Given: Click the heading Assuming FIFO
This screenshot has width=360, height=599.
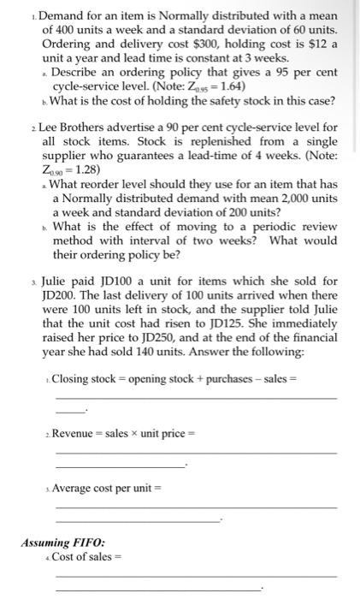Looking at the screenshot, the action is [63, 542].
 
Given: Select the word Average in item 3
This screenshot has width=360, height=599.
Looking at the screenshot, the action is [74, 488].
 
